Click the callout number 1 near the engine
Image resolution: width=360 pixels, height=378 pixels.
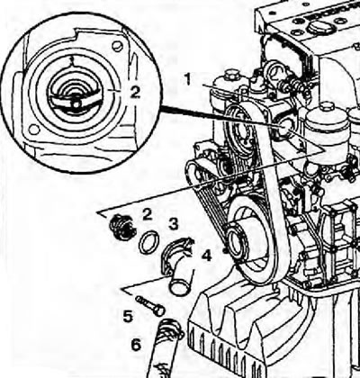(188, 79)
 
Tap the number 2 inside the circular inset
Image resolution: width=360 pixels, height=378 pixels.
(135, 92)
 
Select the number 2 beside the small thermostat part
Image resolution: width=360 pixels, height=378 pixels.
(147, 214)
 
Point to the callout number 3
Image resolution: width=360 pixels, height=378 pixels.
(174, 224)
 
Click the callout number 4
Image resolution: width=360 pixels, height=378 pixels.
(207, 256)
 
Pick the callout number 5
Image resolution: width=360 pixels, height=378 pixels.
(128, 317)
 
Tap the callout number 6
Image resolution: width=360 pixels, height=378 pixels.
(137, 345)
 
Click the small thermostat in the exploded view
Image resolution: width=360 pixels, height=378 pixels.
(122, 227)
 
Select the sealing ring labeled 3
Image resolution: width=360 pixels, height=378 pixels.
(148, 242)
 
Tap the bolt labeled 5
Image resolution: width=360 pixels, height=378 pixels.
(150, 306)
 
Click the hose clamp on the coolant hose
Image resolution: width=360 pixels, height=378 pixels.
(171, 329)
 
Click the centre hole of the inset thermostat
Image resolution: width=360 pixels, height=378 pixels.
(76, 104)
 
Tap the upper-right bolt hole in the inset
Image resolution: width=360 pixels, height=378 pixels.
(117, 46)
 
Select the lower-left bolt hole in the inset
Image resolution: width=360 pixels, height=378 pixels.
(34, 130)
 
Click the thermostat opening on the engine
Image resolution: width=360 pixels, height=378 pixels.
(285, 126)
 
